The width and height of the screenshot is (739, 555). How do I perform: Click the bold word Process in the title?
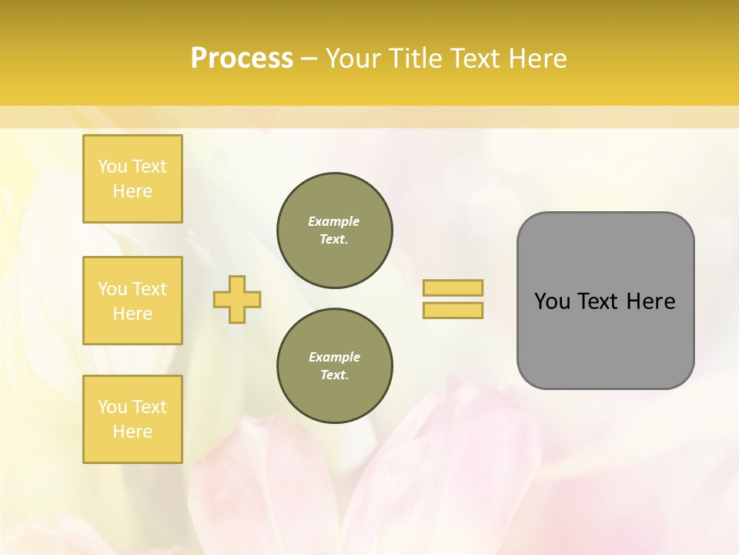242,59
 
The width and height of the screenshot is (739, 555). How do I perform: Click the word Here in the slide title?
537,59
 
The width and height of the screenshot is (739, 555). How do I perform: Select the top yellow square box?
132,179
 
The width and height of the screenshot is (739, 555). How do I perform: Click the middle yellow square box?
132,301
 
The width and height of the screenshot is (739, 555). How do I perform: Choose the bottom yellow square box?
132,419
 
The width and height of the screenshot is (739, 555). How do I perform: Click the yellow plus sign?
237,299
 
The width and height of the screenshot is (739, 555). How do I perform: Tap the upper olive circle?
335,230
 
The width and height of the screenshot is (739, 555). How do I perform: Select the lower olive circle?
335,366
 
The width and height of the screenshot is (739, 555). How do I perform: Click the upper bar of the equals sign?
453,288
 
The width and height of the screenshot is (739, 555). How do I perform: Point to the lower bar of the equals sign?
453,311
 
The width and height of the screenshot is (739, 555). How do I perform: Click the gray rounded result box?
605,339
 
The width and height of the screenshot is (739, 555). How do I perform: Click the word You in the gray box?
552,301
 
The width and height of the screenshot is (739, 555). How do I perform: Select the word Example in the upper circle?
334,221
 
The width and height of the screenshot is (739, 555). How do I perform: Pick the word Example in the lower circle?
334,357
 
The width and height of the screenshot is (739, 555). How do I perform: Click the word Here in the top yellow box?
132,191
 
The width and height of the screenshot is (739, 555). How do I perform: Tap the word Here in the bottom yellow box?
132,432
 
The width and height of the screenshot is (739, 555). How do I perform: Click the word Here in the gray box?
650,301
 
